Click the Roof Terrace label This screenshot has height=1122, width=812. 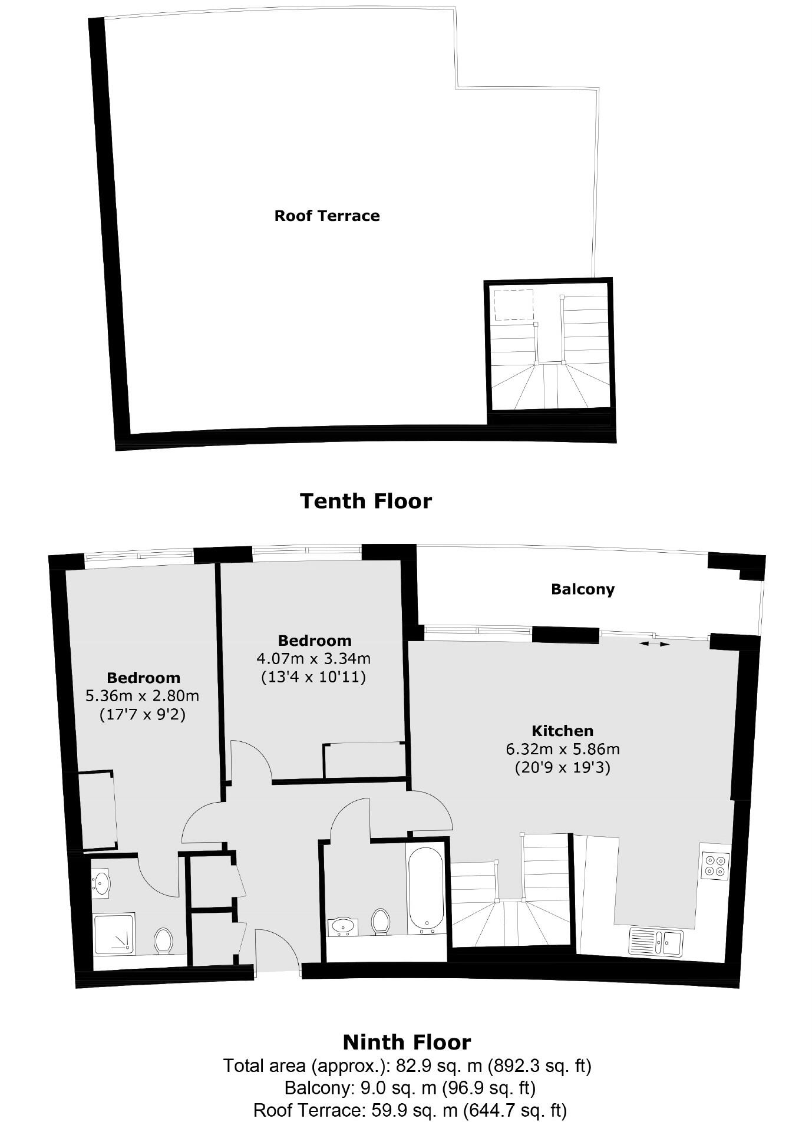(x=327, y=216)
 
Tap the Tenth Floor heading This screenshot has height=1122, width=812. (x=366, y=501)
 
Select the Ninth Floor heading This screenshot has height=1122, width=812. (x=407, y=1042)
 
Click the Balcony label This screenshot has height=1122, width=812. (x=582, y=589)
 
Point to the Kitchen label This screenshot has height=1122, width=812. (x=562, y=731)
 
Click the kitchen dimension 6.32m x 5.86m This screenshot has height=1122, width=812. (x=562, y=750)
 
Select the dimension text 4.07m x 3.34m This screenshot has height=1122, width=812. (x=313, y=658)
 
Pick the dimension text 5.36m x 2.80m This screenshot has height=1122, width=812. (x=143, y=696)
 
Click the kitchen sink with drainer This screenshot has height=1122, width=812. (x=655, y=942)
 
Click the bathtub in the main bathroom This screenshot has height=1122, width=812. (x=425, y=890)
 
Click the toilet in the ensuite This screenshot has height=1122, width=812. (x=163, y=940)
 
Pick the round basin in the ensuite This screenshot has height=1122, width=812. (x=101, y=883)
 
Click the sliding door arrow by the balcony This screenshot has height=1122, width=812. (x=655, y=644)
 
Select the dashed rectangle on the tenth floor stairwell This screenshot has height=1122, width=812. (x=513, y=305)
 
